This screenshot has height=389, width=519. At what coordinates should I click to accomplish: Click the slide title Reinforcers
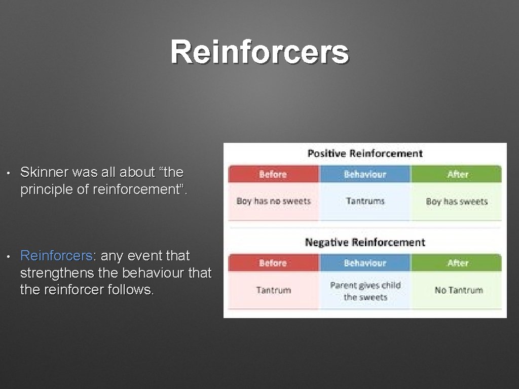click(x=259, y=52)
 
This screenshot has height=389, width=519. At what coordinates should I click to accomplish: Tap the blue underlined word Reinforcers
click(x=54, y=256)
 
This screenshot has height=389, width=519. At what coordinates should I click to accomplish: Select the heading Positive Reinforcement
click(x=365, y=153)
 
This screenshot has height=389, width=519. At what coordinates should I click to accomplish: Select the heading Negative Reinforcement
click(x=365, y=242)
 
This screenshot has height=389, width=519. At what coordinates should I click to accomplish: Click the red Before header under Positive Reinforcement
click(x=273, y=174)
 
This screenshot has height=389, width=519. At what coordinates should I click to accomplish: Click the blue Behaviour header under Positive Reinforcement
click(x=365, y=174)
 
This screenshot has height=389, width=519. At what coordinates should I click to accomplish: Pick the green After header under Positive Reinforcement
click(x=457, y=174)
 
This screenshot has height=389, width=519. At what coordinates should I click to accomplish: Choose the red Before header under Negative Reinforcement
click(x=273, y=263)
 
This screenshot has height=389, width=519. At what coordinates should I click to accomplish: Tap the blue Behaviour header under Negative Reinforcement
click(x=365, y=263)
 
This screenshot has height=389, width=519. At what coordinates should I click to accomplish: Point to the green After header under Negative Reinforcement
click(x=457, y=263)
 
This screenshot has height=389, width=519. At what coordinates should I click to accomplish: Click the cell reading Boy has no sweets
click(x=273, y=201)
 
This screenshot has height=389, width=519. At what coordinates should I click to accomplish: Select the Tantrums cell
click(x=365, y=201)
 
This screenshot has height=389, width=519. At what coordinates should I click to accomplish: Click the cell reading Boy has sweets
click(x=457, y=201)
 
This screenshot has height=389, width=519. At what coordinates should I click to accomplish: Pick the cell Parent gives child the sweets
click(x=365, y=291)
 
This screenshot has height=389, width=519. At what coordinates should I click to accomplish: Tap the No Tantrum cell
click(x=458, y=290)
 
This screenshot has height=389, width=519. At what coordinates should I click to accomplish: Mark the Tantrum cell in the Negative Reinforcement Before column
click(x=273, y=290)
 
